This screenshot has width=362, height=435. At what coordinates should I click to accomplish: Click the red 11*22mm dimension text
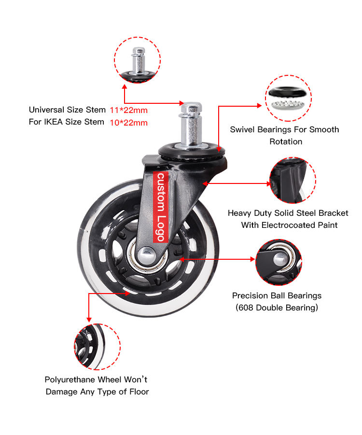tap(129, 111)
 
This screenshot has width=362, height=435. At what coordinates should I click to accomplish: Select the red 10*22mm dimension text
tap(129, 123)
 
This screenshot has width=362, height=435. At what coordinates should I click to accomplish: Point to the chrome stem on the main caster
tap(192, 124)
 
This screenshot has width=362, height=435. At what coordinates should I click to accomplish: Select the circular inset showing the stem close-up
tap(137, 61)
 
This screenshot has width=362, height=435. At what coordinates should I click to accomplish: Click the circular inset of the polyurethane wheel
tap(97, 347)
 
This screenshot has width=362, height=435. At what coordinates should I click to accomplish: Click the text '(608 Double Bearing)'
tap(277, 308)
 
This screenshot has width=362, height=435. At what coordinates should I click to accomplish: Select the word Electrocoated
tap(289, 225)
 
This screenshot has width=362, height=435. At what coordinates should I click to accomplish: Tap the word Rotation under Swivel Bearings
tap(286, 141)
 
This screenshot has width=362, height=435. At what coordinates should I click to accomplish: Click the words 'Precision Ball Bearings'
tap(277, 296)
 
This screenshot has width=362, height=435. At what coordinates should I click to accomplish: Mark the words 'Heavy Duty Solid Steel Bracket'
tap(288, 213)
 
